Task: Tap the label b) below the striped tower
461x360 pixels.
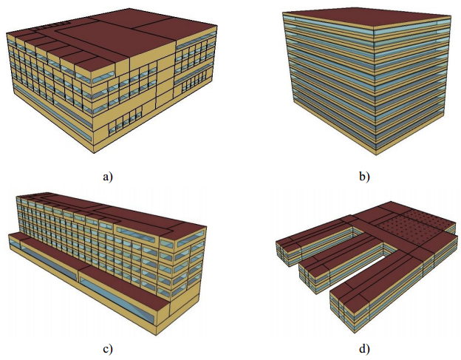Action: point(363,176)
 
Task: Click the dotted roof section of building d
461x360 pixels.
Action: point(414,223)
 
